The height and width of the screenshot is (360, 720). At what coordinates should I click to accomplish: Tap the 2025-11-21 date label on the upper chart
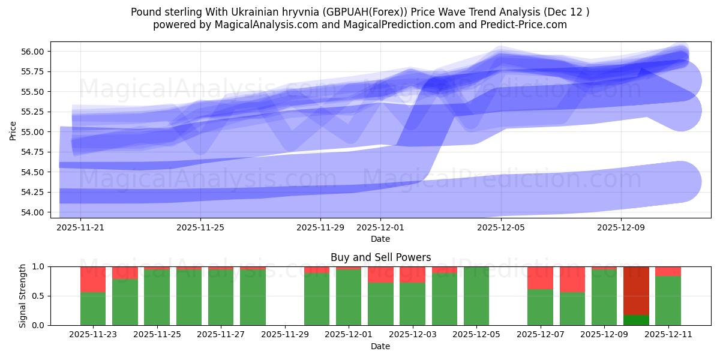pyautogui.click(x=81, y=228)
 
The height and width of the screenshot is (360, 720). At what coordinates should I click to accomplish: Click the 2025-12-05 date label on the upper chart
pyautogui.click(x=500, y=228)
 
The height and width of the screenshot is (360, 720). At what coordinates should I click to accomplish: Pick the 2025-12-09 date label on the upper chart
pyautogui.click(x=620, y=228)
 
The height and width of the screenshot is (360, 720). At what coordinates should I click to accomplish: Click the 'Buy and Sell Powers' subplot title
pyautogui.click(x=380, y=257)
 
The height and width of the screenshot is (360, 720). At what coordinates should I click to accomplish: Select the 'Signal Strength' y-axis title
pyautogui.click(x=23, y=296)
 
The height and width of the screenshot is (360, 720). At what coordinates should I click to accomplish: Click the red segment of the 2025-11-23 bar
pyautogui.click(x=93, y=279)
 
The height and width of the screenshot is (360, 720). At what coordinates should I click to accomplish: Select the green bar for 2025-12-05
pyautogui.click(x=476, y=296)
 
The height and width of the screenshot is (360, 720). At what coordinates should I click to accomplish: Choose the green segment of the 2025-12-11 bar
pyautogui.click(x=668, y=300)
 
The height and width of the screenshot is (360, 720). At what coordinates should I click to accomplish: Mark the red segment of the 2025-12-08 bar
pyautogui.click(x=572, y=279)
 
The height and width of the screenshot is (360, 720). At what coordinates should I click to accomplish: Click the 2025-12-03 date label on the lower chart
pyautogui.click(x=413, y=335)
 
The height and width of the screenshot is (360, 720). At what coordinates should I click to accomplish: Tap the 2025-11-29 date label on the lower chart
pyautogui.click(x=285, y=335)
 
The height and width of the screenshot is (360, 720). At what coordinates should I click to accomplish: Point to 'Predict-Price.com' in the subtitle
pyautogui.click(x=526, y=25)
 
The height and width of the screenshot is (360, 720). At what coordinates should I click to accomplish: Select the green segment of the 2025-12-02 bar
pyautogui.click(x=380, y=304)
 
